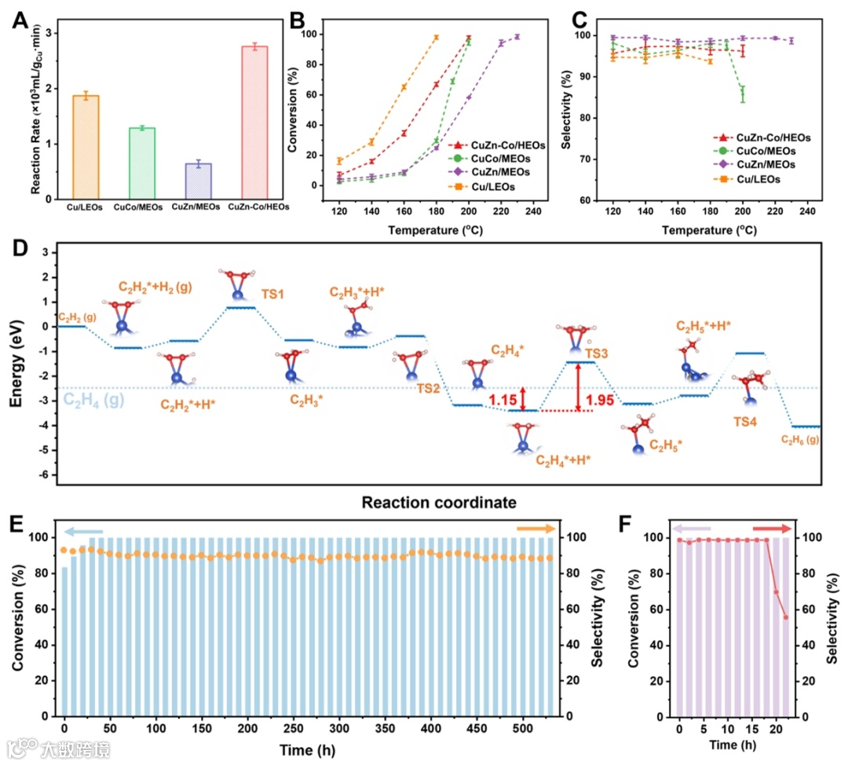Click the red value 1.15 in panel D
(x=503, y=401)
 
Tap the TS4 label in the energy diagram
(x=745, y=422)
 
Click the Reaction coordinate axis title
(x=427, y=502)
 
